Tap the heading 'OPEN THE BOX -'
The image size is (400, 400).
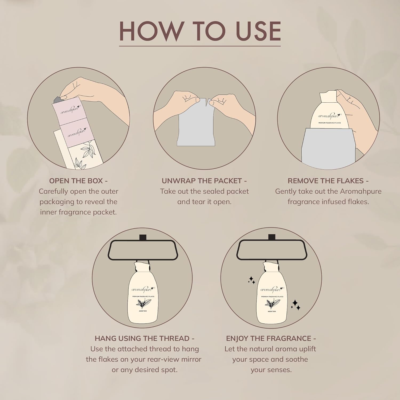tap(78, 181)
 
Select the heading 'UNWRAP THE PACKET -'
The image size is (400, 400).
tap(204, 181)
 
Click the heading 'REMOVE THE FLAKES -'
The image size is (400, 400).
tap(328, 181)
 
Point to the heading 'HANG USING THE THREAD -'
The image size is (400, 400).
tap(144, 338)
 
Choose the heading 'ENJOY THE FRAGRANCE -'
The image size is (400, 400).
tap(271, 338)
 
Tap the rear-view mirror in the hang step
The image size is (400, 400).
tap(142, 250)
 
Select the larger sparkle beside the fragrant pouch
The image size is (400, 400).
tap(296, 305)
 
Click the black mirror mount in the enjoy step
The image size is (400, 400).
tap(271, 237)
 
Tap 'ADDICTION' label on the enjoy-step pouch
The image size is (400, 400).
tap(271, 311)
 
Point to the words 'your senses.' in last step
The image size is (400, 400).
tap(271, 370)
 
